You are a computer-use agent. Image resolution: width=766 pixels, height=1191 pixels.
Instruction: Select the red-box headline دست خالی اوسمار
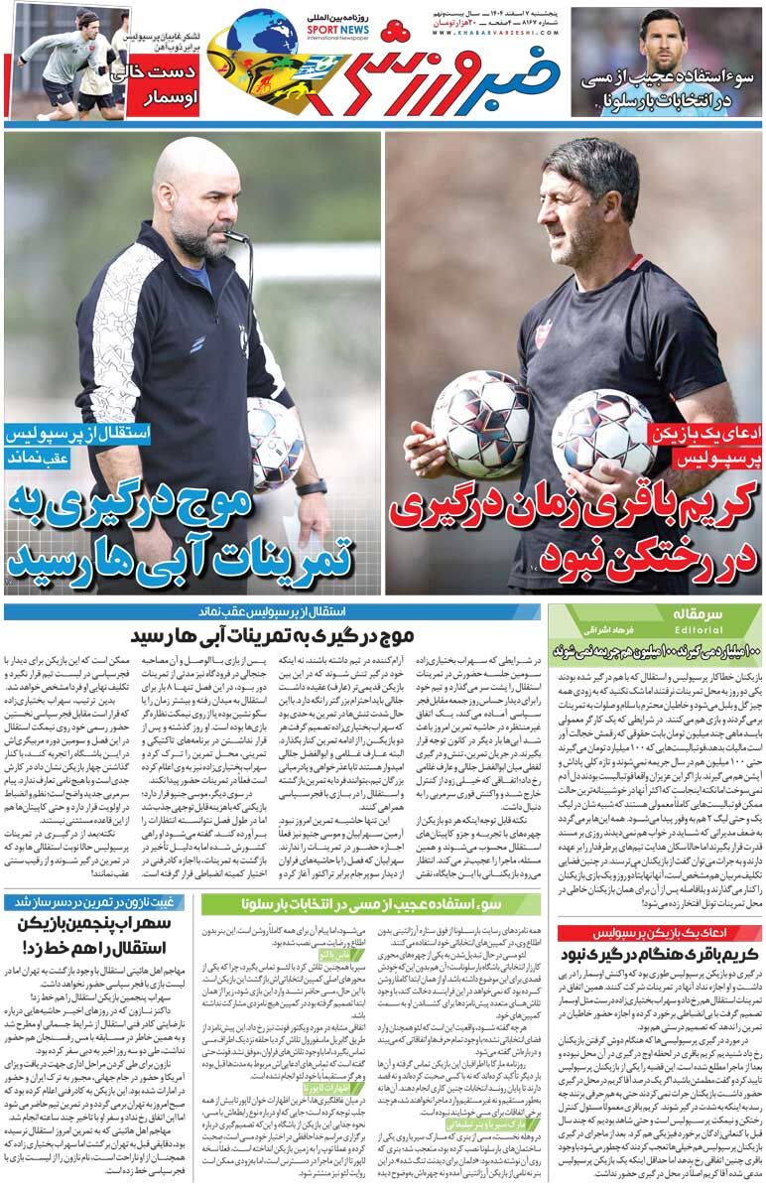pos(161,87)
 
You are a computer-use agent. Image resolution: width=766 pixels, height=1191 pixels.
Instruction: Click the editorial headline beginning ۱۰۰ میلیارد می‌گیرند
pos(655,650)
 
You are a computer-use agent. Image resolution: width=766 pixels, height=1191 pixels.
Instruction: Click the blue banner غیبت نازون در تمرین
pos(98,902)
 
